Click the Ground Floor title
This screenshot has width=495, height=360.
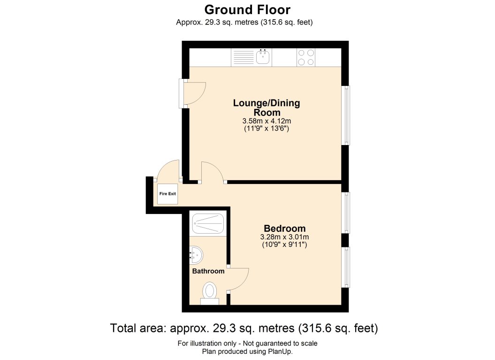coord(247,9)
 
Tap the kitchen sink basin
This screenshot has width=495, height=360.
coord(263,58)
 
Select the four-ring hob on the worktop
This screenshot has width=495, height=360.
coord(306,57)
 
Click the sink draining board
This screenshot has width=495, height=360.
coord(243,58)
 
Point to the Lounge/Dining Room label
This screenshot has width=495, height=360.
coord(267,107)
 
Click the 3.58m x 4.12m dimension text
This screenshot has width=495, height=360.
coord(267,121)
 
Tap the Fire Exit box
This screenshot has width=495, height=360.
coord(168,194)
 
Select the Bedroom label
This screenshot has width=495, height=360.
coord(284,229)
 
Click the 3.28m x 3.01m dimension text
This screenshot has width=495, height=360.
coord(284,237)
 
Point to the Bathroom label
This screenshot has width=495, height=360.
coord(208,271)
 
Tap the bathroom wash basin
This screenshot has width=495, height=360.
coord(196,255)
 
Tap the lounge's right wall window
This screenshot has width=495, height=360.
coord(345,115)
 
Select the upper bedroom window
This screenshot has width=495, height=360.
coord(345,213)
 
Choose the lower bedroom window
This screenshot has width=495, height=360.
coord(345,267)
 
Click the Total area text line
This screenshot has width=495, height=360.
coord(244,328)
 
